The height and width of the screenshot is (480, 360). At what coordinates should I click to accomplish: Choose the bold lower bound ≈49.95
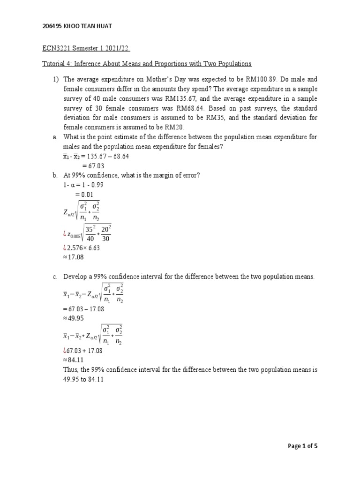pos(75,318)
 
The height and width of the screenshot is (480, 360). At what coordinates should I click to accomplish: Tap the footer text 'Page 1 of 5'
pos(302,446)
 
